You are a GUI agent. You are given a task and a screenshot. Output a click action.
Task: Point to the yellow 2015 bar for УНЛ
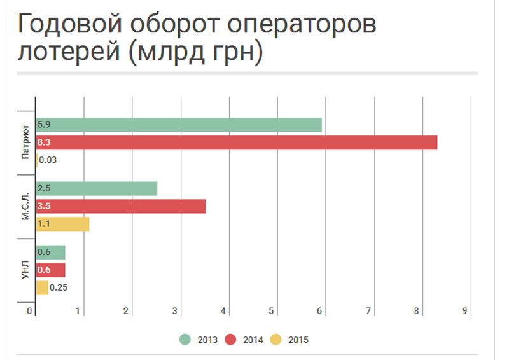pos(42,287)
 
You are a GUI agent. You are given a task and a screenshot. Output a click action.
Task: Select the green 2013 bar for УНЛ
pos(51,253)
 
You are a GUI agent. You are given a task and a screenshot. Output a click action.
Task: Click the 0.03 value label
pos(48,160)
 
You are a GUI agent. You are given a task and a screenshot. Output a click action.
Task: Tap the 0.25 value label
pos(59,287)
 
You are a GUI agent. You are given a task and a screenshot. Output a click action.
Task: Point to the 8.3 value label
pos(44,143)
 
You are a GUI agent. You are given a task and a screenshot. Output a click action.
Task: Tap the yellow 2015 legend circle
pos(275,340)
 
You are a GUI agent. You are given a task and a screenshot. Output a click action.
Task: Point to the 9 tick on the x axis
pos(465,311)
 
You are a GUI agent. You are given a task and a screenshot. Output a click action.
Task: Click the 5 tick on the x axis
pos(271,311)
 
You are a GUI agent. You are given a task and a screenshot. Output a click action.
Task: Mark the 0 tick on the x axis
pos(29,311)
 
